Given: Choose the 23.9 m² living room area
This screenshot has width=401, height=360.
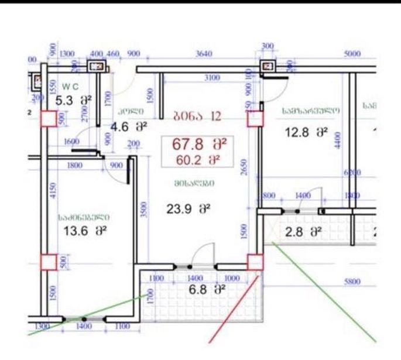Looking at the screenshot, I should pyautogui.click(x=188, y=208).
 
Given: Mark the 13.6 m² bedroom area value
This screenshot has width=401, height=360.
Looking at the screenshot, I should pyautogui.click(x=84, y=231).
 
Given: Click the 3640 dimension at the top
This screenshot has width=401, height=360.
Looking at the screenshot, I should pyautogui.click(x=204, y=54).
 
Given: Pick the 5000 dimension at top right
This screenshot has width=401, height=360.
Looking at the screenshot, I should pyautogui.click(x=352, y=54).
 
